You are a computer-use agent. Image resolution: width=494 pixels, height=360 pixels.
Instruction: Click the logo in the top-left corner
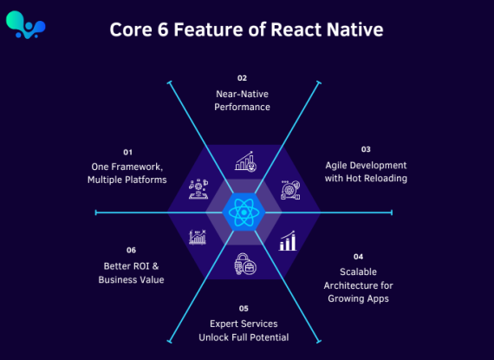tap(25, 25)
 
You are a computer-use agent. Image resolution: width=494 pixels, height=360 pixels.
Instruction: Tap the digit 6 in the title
tap(163, 29)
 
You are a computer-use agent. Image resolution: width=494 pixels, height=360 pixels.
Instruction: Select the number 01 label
tap(127, 153)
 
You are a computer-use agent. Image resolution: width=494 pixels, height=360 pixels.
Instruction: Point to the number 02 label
tap(242, 78)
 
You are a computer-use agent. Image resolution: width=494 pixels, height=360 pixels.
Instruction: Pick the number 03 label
tap(366, 149)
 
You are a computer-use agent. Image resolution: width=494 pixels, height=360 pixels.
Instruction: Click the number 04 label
tap(358, 257)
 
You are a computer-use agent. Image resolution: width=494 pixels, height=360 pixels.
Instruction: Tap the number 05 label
tap(244, 308)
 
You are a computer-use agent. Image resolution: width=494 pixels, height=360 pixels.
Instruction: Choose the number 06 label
tap(131, 250)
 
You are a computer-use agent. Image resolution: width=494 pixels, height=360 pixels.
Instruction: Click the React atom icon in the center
tap(244, 213)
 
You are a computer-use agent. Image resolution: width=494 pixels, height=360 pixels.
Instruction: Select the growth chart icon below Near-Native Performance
tap(245, 161)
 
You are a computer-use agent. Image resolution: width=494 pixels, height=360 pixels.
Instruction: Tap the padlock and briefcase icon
tap(245, 264)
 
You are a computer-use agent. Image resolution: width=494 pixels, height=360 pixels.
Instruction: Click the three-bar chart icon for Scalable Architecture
tap(288, 241)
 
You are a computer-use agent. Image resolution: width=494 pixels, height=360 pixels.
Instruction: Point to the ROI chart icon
tap(198, 237)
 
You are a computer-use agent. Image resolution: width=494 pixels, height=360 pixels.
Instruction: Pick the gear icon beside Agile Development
tap(290, 190)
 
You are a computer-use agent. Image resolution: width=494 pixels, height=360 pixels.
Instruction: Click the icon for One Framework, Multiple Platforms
tap(198, 189)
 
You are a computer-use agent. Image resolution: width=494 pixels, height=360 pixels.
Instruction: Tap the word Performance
tap(242, 108)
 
